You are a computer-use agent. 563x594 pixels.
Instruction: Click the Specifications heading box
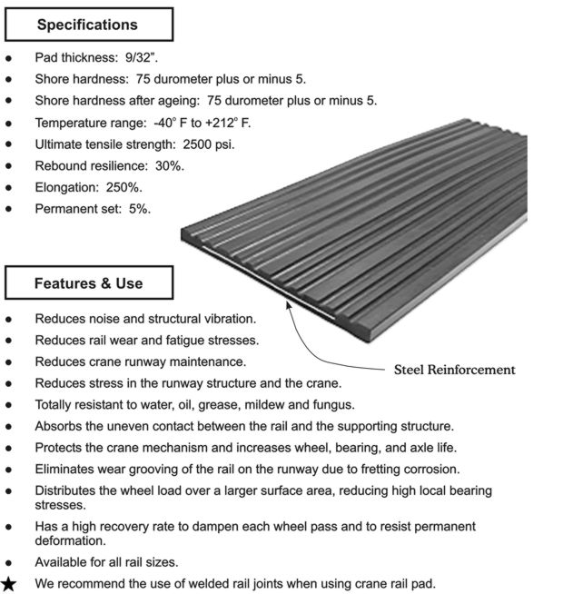pyautogui.click(x=87, y=25)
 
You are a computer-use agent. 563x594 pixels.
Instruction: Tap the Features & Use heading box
pyautogui.click(x=88, y=283)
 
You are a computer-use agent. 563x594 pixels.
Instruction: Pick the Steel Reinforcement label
pyautogui.click(x=454, y=370)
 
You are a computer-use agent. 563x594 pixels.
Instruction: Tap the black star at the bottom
pyautogui.click(x=11, y=583)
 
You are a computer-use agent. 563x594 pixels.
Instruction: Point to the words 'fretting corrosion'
pyautogui.click(x=404, y=470)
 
